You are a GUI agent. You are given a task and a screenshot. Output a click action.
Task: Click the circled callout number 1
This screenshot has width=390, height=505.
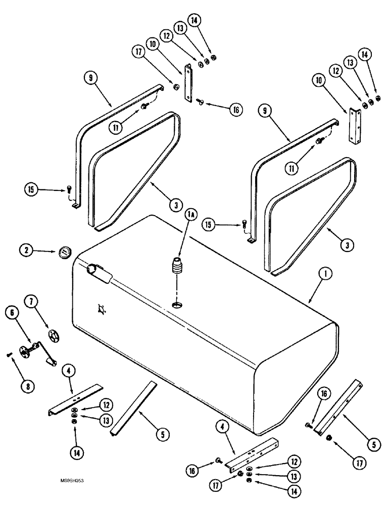coord(326,274)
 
